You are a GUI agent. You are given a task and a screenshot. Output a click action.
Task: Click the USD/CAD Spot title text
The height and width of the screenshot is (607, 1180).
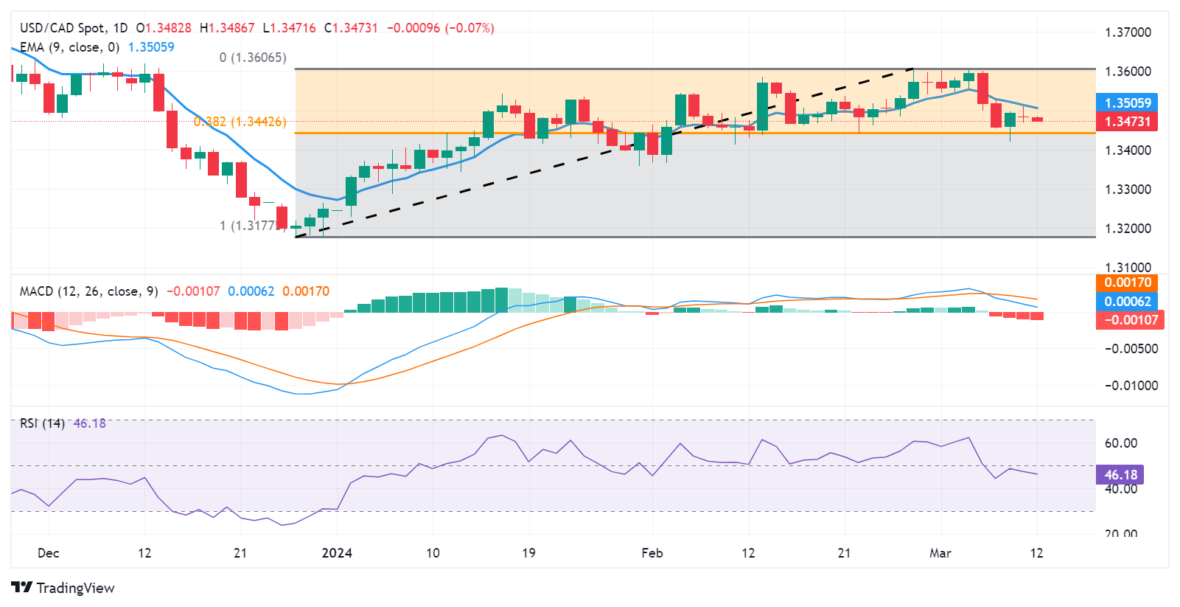pos(63,28)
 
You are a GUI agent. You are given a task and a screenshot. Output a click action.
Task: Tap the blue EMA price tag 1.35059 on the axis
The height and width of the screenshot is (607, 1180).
pos(1127,103)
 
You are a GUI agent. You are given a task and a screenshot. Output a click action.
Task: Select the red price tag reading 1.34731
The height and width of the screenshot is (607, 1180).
pos(1127,122)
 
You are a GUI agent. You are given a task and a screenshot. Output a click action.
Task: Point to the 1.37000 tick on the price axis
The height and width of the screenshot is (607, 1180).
pos(1128,32)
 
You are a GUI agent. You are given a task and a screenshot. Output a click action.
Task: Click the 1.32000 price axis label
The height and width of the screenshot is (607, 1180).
pos(1128,229)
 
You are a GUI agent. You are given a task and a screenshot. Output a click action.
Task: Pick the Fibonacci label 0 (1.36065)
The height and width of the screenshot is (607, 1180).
pos(253,58)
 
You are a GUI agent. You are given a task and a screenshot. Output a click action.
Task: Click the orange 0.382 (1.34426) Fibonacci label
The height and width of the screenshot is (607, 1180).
pos(240,122)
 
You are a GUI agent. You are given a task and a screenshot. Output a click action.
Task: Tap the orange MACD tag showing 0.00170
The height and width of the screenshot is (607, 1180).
pos(1127,282)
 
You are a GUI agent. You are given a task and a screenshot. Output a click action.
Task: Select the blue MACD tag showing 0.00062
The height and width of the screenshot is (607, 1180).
pos(1127,301)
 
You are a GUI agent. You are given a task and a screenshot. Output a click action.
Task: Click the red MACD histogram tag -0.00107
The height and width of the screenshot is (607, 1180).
pos(1130,320)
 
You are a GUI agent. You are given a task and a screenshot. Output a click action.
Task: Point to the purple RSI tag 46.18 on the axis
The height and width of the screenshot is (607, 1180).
pos(1120,475)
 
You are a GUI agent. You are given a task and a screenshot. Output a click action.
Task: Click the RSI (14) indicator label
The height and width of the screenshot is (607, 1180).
pos(42,423)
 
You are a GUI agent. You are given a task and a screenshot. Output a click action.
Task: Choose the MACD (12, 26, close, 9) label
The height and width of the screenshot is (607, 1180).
pos(89,291)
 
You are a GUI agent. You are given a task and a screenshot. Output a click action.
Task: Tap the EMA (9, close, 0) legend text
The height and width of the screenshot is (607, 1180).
pos(69,47)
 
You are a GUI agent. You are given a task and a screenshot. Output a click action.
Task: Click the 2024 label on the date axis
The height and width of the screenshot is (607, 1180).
pos(337,553)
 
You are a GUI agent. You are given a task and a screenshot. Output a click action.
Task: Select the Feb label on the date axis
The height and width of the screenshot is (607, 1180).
pos(652,553)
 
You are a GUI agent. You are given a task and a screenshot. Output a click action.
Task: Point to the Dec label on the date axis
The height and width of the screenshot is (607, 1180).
pos(49,553)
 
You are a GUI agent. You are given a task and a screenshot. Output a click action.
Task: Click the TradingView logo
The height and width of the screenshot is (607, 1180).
pos(63,588)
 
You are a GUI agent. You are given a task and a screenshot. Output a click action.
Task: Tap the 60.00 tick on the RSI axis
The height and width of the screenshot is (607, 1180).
pos(1120,443)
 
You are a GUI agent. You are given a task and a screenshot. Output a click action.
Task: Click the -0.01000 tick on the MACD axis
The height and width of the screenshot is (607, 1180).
pos(1131,386)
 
